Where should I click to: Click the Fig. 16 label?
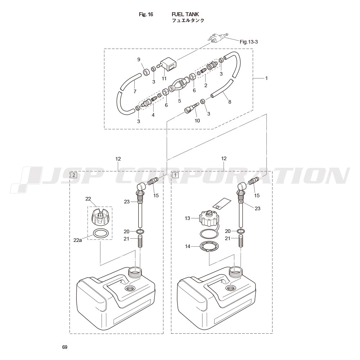point(146,14)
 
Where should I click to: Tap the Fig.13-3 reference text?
point(249,42)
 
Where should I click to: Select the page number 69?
point(64,347)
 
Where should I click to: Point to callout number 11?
point(164,78)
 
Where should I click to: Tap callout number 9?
point(139,59)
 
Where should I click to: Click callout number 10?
point(197,121)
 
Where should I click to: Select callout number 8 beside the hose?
point(229,102)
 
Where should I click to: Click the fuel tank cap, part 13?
point(208,218)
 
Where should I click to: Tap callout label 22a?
point(78,240)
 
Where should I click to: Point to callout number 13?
point(187,218)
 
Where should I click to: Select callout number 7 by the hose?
point(135,91)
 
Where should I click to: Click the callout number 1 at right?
point(266,78)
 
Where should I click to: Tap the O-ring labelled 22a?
point(100,233)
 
